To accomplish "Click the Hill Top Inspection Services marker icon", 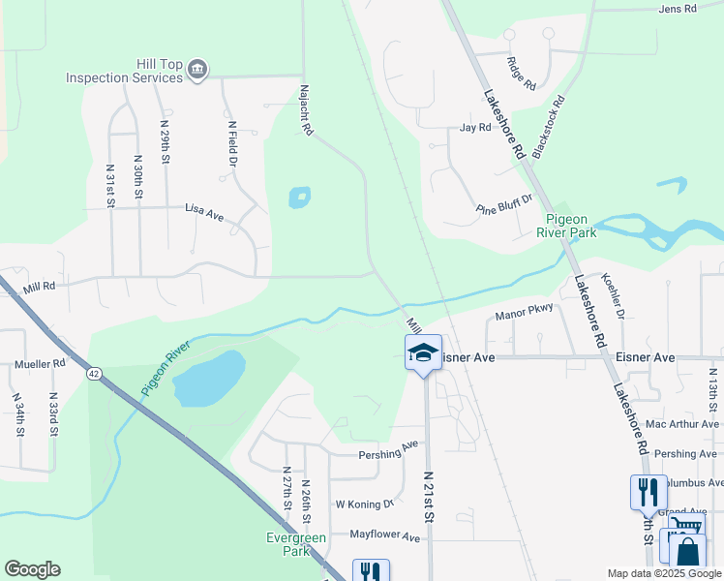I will click(x=197, y=70).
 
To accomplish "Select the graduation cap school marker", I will click(x=423, y=353).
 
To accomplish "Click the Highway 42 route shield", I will click(x=93, y=374).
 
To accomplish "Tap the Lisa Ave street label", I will click(x=203, y=212).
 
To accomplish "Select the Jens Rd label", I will click(x=677, y=9).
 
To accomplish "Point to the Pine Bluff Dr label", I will click(x=504, y=205).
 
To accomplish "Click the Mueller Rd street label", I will click(x=40, y=364).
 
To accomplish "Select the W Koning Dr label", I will click(x=365, y=505).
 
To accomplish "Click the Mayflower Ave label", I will click(x=384, y=535).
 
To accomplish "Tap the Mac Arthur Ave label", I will click(x=682, y=424).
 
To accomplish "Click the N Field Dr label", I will click(x=232, y=142).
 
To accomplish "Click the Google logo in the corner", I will click(x=32, y=569).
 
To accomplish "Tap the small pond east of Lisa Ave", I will click(x=299, y=199).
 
